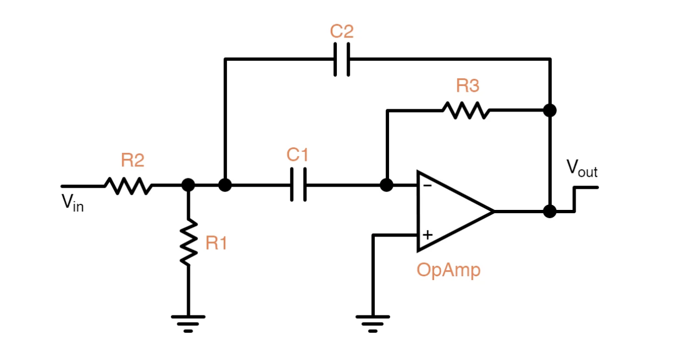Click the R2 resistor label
tap(132, 160)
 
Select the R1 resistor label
tap(216, 244)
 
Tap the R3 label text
tap(468, 86)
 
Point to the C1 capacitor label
tap(298, 155)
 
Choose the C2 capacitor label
tap(342, 32)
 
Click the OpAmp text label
tap(449, 270)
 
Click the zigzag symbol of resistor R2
tap(128, 186)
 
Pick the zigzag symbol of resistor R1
tap(188, 242)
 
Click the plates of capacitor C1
tap(298, 185)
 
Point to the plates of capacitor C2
tap(341, 59)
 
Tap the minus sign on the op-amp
tap(428, 185)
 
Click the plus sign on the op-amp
tap(428, 235)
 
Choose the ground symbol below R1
tap(188, 322)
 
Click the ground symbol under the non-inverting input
tap(373, 322)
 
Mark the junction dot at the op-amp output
tap(550, 211)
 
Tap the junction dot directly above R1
tap(188, 185)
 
